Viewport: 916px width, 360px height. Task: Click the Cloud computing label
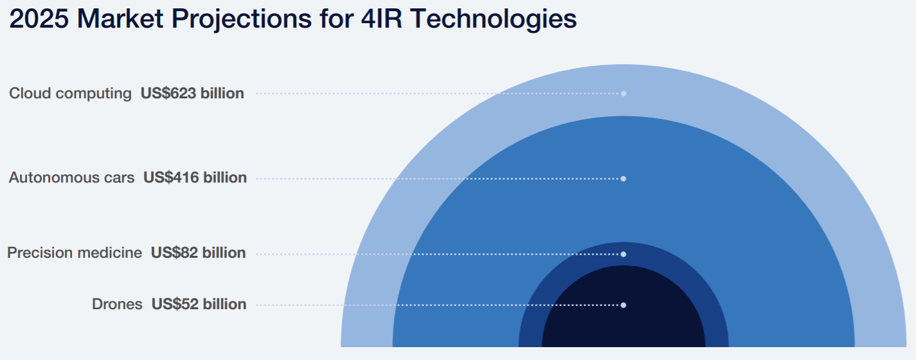click(x=70, y=94)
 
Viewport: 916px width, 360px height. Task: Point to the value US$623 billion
click(x=192, y=94)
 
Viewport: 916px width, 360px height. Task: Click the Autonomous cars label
click(x=71, y=178)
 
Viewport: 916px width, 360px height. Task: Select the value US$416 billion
click(x=195, y=178)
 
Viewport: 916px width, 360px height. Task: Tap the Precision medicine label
click(x=75, y=253)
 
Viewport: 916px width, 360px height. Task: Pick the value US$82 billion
click(x=198, y=253)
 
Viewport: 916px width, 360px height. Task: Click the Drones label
click(x=117, y=305)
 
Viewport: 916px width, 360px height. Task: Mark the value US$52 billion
click(x=199, y=305)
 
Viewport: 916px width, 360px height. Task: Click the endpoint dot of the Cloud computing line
click(x=624, y=94)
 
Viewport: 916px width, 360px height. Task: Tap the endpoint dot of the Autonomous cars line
click(x=624, y=179)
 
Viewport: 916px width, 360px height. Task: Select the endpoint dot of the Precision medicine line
click(x=624, y=254)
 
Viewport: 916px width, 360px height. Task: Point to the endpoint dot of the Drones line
click(x=624, y=305)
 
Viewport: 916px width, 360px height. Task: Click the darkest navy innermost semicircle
click(x=624, y=328)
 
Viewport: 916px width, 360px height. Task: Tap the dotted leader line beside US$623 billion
click(x=437, y=94)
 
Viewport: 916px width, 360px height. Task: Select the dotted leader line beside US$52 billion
click(x=437, y=305)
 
